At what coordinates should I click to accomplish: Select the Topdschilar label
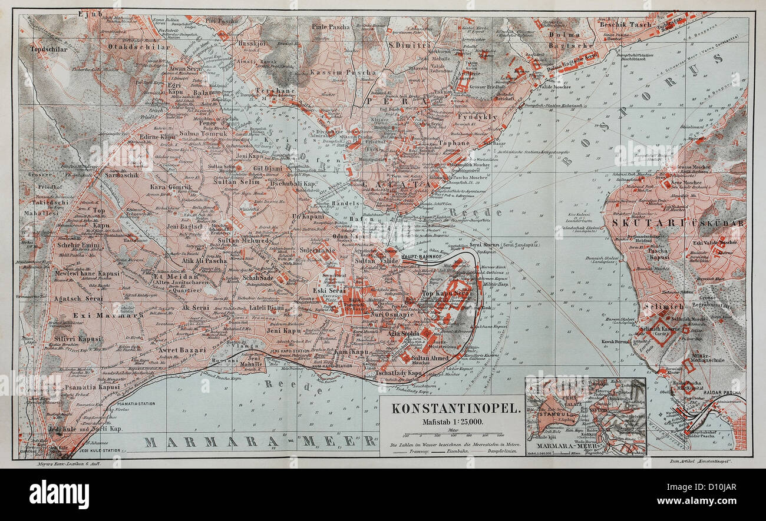[x=45, y=49]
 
